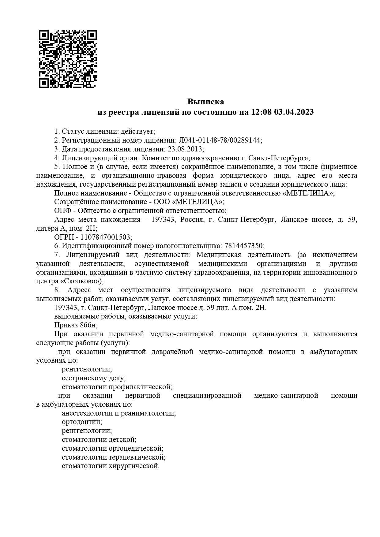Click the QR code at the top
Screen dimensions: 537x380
[x=68, y=59]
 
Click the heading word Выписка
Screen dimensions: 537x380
[x=205, y=102]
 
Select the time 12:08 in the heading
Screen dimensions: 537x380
[x=261, y=112]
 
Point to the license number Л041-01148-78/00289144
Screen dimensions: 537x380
[x=220, y=140]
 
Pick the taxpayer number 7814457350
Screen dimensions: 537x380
[x=244, y=246]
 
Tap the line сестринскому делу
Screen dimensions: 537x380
[x=93, y=378]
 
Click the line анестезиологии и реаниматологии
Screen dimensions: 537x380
[x=119, y=413]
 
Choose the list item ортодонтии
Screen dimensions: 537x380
[x=81, y=422]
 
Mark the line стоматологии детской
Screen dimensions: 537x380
[x=99, y=440]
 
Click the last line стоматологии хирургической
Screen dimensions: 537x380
[x=110, y=466]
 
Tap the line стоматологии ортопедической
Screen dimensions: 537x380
[x=112, y=449]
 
